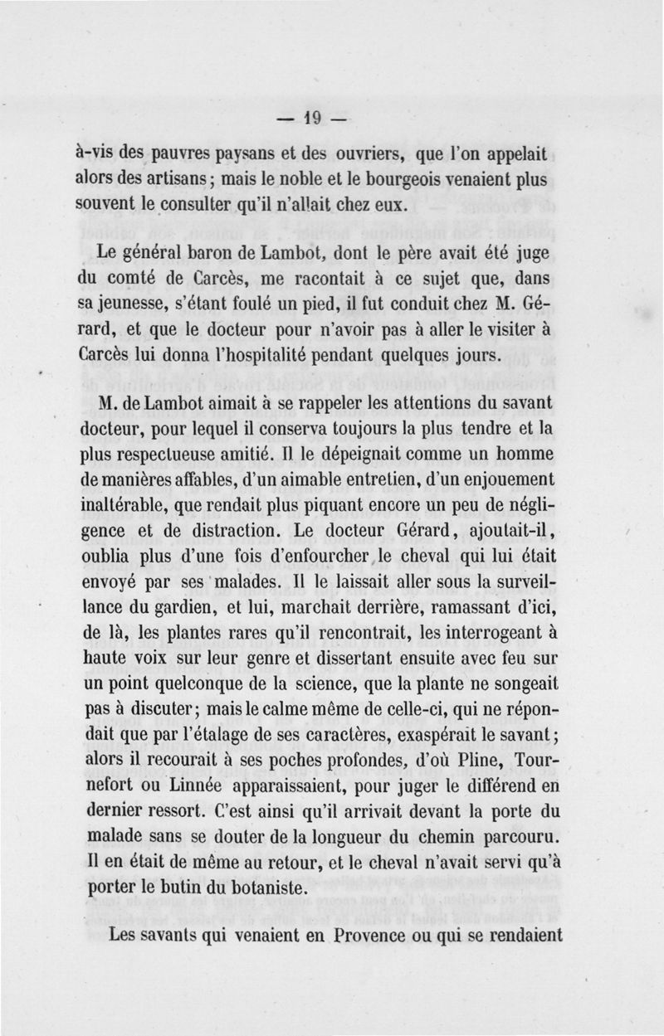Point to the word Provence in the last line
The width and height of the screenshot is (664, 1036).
382,935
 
